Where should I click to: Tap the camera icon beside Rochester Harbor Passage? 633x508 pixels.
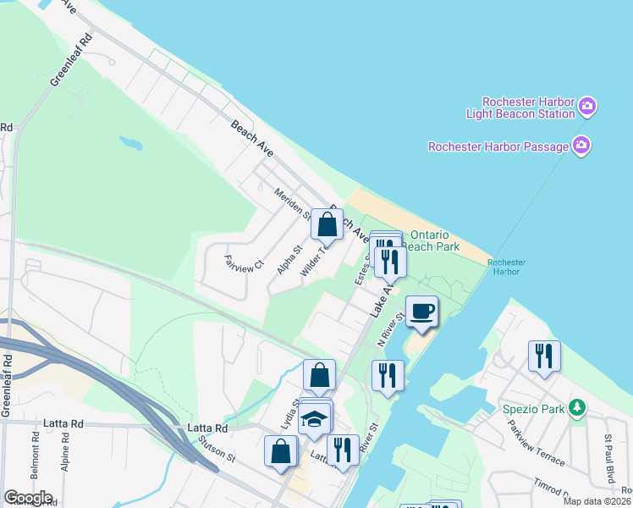(x=581, y=146)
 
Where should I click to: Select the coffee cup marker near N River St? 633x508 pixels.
(x=421, y=312)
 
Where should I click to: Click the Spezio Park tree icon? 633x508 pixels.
(x=577, y=409)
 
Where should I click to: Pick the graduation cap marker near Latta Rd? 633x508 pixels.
(x=314, y=419)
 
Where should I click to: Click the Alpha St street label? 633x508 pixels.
(x=289, y=260)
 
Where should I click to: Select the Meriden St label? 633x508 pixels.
(x=288, y=203)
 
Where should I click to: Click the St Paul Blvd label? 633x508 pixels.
(x=609, y=460)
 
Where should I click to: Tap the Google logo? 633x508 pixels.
(x=28, y=498)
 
